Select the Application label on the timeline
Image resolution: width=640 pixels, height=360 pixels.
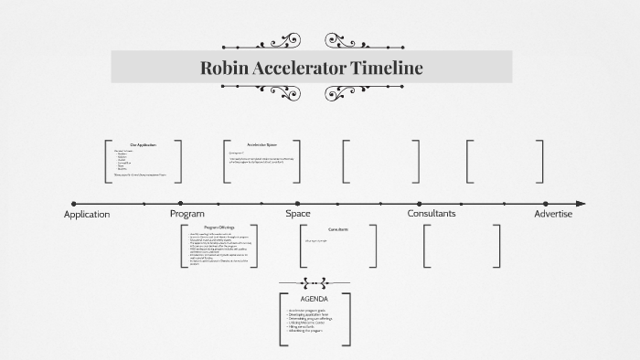(87, 214)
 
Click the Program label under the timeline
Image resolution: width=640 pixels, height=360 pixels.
(187, 214)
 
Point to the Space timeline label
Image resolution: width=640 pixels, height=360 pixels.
(298, 214)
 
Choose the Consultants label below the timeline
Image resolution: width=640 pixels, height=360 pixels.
(431, 214)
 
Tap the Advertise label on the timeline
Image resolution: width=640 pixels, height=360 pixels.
(553, 214)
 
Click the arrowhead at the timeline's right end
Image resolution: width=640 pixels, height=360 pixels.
(581, 204)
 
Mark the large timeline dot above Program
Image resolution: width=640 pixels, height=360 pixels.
(180, 204)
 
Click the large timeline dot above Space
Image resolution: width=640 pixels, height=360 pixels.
(296, 204)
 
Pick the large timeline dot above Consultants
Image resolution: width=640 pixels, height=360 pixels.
(420, 204)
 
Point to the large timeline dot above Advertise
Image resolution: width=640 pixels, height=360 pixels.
(545, 204)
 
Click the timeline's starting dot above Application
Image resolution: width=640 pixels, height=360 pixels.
(74, 204)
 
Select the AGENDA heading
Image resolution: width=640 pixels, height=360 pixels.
(314, 300)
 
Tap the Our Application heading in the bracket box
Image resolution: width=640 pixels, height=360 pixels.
(143, 145)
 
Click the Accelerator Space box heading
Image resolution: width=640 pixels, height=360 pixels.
(261, 145)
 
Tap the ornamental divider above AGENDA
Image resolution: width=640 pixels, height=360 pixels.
(314, 283)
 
